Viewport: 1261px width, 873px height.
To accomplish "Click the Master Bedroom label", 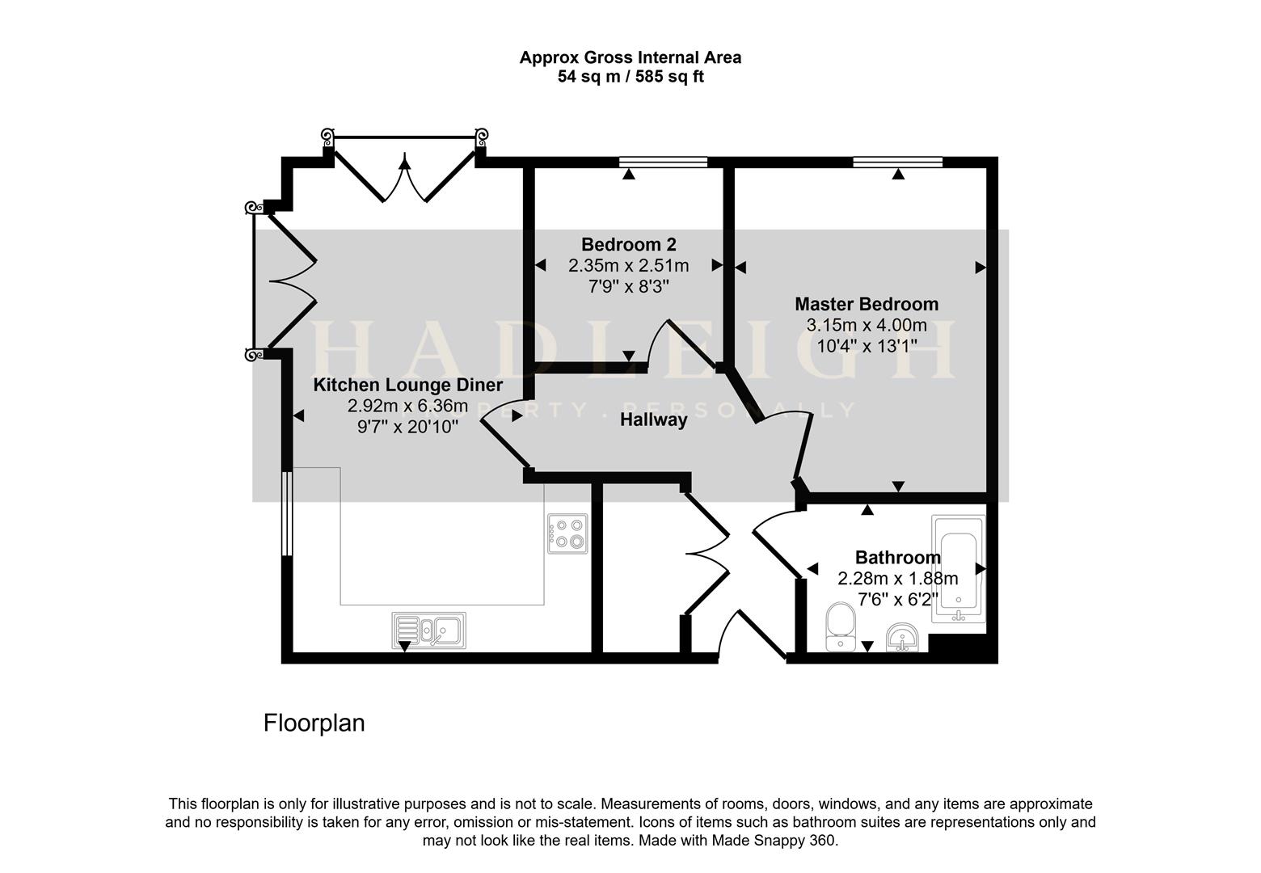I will pyautogui.click(x=867, y=304).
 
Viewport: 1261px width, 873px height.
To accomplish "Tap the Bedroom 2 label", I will pyautogui.click(x=629, y=244).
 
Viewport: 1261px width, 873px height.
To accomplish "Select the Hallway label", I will pyautogui.click(x=654, y=420).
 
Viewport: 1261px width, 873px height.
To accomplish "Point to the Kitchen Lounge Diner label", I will pyautogui.click(x=408, y=385).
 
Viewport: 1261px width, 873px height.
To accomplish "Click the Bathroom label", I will pyautogui.click(x=897, y=558).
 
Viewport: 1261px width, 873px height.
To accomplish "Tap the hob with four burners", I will pyautogui.click(x=566, y=533).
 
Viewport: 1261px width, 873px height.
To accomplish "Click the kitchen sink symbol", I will pyautogui.click(x=429, y=630).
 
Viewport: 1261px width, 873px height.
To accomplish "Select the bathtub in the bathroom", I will pyautogui.click(x=958, y=569).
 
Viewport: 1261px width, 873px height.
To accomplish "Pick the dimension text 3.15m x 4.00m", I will pyautogui.click(x=867, y=326).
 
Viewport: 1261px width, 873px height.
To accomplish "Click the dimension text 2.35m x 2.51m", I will pyautogui.click(x=629, y=265).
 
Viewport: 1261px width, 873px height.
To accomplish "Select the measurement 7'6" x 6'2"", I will pyautogui.click(x=898, y=600).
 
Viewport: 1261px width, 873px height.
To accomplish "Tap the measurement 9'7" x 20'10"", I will pyautogui.click(x=408, y=427).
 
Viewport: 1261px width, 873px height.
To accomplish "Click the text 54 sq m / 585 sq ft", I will pyautogui.click(x=630, y=78).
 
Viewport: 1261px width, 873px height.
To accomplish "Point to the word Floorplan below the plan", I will pyautogui.click(x=314, y=723).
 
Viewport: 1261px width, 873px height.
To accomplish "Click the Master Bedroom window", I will pyautogui.click(x=897, y=162).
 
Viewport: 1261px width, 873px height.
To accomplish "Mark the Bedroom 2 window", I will pyautogui.click(x=663, y=162).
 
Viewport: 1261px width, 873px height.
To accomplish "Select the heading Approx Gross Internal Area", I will pyautogui.click(x=630, y=57).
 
